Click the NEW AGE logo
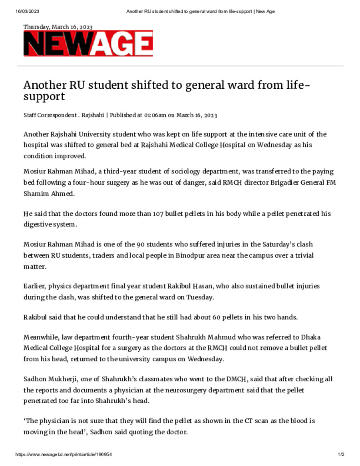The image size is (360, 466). coord(88,44)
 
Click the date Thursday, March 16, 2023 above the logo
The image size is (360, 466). coord(58,27)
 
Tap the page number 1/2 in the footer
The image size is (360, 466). coord(341,455)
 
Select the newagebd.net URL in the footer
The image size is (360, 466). coord(64,455)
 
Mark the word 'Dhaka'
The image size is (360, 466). coord(297,337)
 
